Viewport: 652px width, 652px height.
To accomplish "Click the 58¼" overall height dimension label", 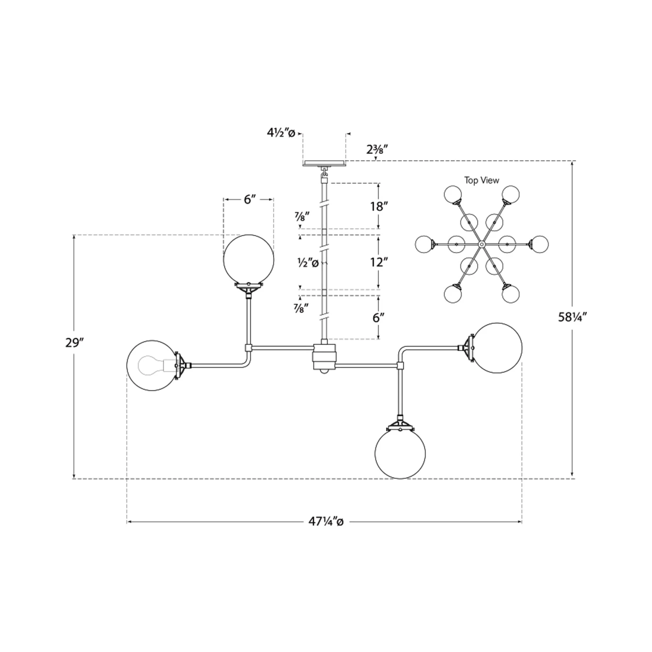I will pos(572,317).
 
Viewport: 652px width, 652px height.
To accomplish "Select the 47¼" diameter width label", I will pos(326,522).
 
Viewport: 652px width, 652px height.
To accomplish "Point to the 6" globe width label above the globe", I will pos(248,200).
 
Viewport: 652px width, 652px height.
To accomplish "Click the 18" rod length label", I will pos(379,206).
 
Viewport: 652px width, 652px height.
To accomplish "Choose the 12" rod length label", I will pos(379,262).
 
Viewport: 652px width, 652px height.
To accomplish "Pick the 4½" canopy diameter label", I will pos(281,133).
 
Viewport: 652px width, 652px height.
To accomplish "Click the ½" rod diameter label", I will pos(308,263).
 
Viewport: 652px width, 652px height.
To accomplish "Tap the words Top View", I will pos(482,180).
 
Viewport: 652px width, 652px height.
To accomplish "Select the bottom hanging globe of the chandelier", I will pos(400,453).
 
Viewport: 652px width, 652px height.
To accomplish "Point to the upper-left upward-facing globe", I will pos(248,260).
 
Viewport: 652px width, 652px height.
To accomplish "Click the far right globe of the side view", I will pos(497,348).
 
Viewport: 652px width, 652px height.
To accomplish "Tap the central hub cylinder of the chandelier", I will pos(324,356).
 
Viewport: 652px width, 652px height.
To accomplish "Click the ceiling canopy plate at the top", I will pos(324,163).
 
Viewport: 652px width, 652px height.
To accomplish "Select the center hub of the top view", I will pos(482,244).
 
